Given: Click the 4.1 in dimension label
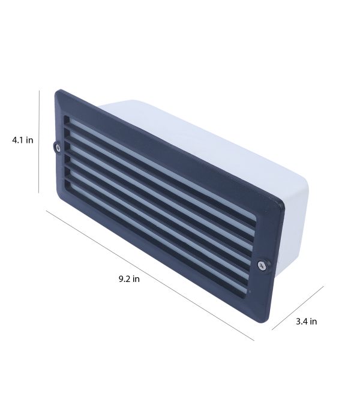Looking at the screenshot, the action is click(23, 140).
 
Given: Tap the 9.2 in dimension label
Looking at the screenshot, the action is click(129, 279).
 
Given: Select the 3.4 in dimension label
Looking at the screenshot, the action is click(307, 322).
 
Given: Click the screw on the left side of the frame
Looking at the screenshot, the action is click(58, 147).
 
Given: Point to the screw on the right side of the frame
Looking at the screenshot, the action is click(262, 265).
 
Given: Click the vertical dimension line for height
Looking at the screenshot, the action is click(39, 142).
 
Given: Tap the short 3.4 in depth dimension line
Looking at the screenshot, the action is click(298, 308).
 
